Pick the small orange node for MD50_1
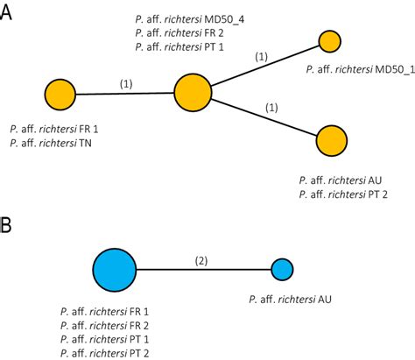pyautogui.click(x=329, y=40)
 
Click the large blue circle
pyautogui.click(x=115, y=270)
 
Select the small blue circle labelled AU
pyautogui.click(x=282, y=270)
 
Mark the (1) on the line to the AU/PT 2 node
pyautogui.click(x=273, y=107)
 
